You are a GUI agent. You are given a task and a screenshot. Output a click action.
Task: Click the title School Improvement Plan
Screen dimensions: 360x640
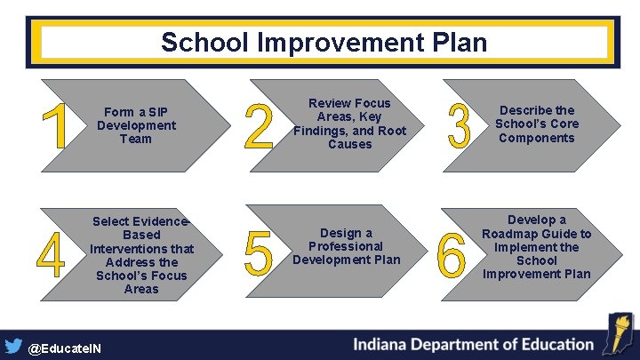coord(324,43)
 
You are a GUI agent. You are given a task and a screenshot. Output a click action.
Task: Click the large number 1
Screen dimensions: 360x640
coord(55,126)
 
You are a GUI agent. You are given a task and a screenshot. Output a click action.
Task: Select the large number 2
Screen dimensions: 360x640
coord(258,126)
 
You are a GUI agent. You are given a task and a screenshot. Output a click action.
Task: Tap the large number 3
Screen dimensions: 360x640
coord(459,126)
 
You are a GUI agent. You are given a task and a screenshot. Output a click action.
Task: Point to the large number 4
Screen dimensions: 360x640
coord(51,255)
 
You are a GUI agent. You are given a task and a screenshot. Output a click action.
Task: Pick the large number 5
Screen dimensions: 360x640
coord(258,252)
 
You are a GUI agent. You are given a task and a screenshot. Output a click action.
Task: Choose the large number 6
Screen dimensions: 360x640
coord(452,252)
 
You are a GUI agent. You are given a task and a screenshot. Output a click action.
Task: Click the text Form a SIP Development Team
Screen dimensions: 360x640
coord(136,125)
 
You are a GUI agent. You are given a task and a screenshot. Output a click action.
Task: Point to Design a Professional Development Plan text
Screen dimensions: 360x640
coord(347,246)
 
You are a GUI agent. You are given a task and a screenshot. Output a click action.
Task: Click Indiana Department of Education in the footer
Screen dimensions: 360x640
coord(473,344)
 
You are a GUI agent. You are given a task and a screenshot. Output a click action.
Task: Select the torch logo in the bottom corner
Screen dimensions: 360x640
coord(619,333)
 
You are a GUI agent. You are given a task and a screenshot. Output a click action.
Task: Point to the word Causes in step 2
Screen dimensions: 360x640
coord(349,144)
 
